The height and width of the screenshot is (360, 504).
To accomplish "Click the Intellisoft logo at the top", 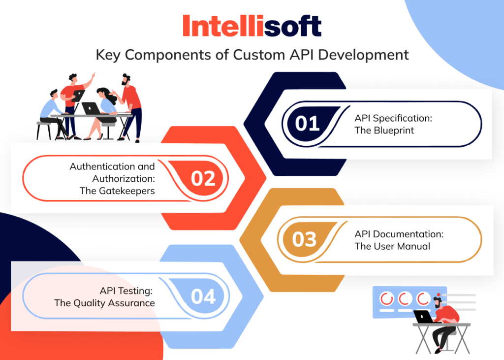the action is coord(252,26).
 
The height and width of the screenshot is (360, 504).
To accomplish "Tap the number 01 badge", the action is coord(307,123).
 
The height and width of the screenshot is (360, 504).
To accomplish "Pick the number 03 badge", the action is coord(304,239).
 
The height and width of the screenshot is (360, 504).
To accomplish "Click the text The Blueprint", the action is coord(384,131).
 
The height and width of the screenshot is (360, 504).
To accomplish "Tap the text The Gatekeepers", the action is coord(117,191).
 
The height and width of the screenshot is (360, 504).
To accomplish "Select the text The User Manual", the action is coord(392,246).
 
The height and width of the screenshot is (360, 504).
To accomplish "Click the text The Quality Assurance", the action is coord(104,303).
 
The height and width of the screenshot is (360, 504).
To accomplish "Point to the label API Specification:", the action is coord(393,118).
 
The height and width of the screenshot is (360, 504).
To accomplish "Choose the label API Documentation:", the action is coord(399,234).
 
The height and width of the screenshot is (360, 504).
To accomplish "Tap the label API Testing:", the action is coord(126,291).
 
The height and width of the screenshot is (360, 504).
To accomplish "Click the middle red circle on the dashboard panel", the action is coord(405,298).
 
